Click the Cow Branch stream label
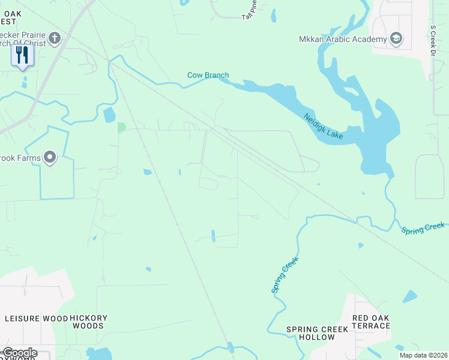tap(208, 75)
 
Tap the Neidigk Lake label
tap(323, 127)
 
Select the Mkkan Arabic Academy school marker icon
tap(396, 39)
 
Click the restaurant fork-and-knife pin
tap(22, 56)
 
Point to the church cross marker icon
tap(55, 39)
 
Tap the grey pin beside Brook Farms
tap(50, 158)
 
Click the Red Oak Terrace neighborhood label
tap(370, 322)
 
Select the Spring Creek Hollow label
tap(318, 333)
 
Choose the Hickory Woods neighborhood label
tap(88, 322)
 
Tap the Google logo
tap(19, 353)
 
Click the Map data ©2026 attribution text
tap(423, 355)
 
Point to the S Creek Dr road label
tap(432, 40)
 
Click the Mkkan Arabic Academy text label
tap(343, 40)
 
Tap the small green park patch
tap(121, 127)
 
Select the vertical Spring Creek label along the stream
tap(285, 275)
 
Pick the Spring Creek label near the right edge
tap(423, 228)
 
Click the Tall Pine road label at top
tap(249, 10)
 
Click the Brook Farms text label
tap(20, 158)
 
